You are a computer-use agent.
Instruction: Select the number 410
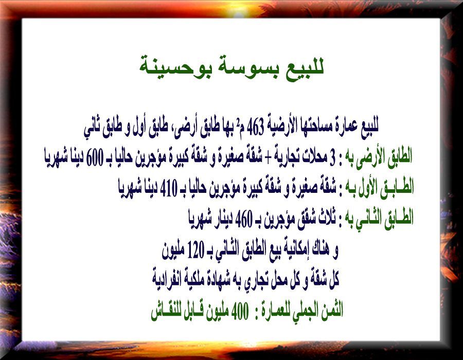169,188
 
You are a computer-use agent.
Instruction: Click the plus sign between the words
268,158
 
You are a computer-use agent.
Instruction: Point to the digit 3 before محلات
332,158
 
